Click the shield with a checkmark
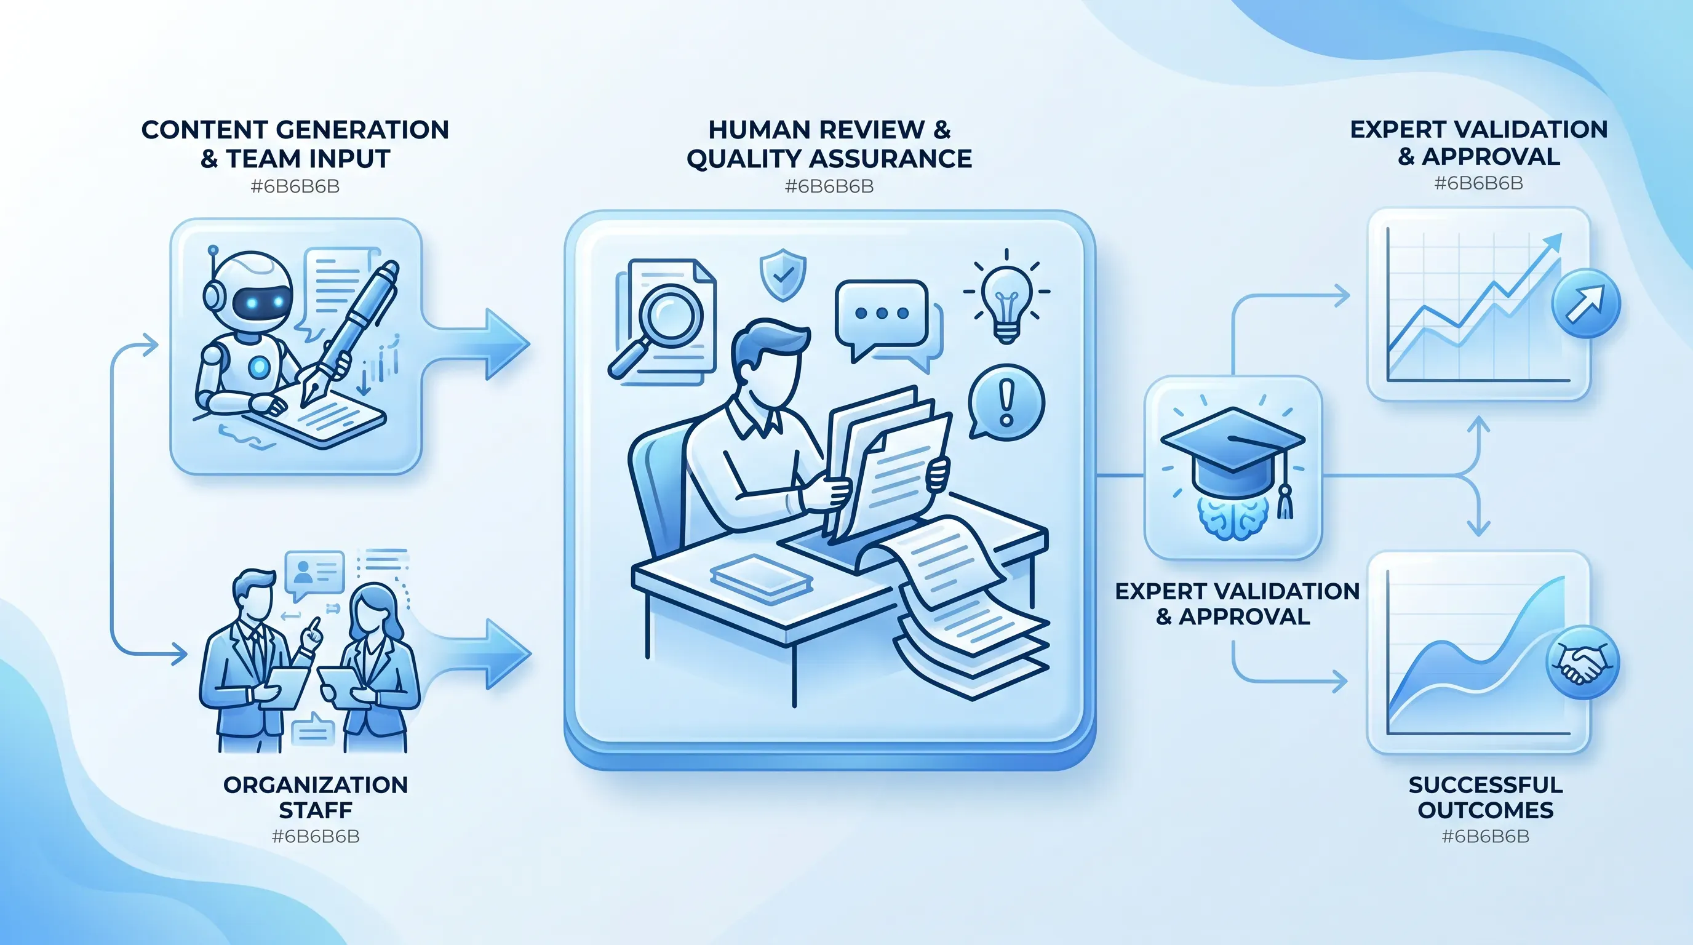(x=783, y=274)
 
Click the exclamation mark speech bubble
(x=1006, y=402)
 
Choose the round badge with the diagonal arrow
(x=1585, y=303)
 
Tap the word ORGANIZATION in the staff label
(x=316, y=784)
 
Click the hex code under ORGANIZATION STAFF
(x=316, y=837)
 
